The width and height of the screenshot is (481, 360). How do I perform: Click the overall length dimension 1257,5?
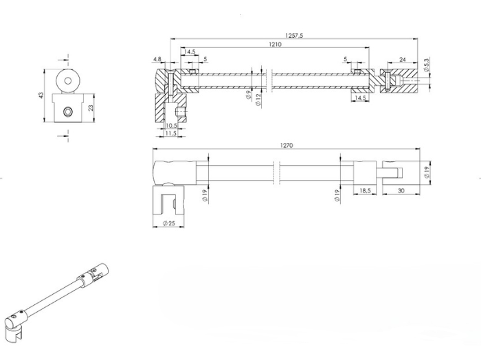coord(293,36)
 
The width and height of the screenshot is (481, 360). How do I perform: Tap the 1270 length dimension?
coord(287,145)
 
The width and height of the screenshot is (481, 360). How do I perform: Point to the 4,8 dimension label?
coord(158,60)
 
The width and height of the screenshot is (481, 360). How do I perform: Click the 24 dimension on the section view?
coord(402,60)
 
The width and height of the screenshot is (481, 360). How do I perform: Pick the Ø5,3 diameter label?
coord(427,66)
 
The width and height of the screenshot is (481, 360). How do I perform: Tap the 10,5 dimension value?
coord(172,126)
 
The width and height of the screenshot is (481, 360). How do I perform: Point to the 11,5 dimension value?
coord(169,133)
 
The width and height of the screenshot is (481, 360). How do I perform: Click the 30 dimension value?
coord(401,191)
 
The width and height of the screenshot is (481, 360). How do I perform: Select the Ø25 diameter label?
coord(166,223)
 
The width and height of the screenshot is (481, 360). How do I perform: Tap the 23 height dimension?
coord(91,107)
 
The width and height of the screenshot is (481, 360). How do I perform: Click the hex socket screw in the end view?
coord(67,111)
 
